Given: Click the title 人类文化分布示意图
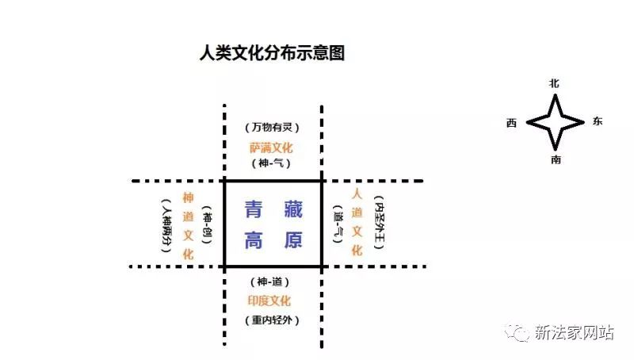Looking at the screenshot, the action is click(x=272, y=53).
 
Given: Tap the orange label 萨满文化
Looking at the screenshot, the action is click(x=271, y=148).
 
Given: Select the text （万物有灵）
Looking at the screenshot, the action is click(x=272, y=128).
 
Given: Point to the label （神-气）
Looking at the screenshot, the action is click(x=271, y=163).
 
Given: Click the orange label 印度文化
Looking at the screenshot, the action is click(x=269, y=301).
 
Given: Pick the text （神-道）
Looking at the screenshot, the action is click(x=269, y=281).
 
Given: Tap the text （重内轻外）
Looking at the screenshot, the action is click(x=272, y=320).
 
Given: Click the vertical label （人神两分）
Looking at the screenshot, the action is click(x=166, y=225).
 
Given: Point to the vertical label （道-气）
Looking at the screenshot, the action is click(x=338, y=224).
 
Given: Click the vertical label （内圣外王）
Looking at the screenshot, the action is click(x=380, y=222).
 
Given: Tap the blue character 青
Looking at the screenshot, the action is click(x=254, y=209).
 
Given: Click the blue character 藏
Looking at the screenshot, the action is click(x=293, y=209).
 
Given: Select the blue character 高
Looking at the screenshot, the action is click(x=254, y=240).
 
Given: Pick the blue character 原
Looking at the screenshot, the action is click(x=293, y=240).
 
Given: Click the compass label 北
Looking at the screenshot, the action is click(x=554, y=83).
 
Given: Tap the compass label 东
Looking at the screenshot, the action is click(x=598, y=121).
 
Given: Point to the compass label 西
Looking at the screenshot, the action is click(x=511, y=123).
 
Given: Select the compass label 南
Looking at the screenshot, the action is click(x=556, y=159).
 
